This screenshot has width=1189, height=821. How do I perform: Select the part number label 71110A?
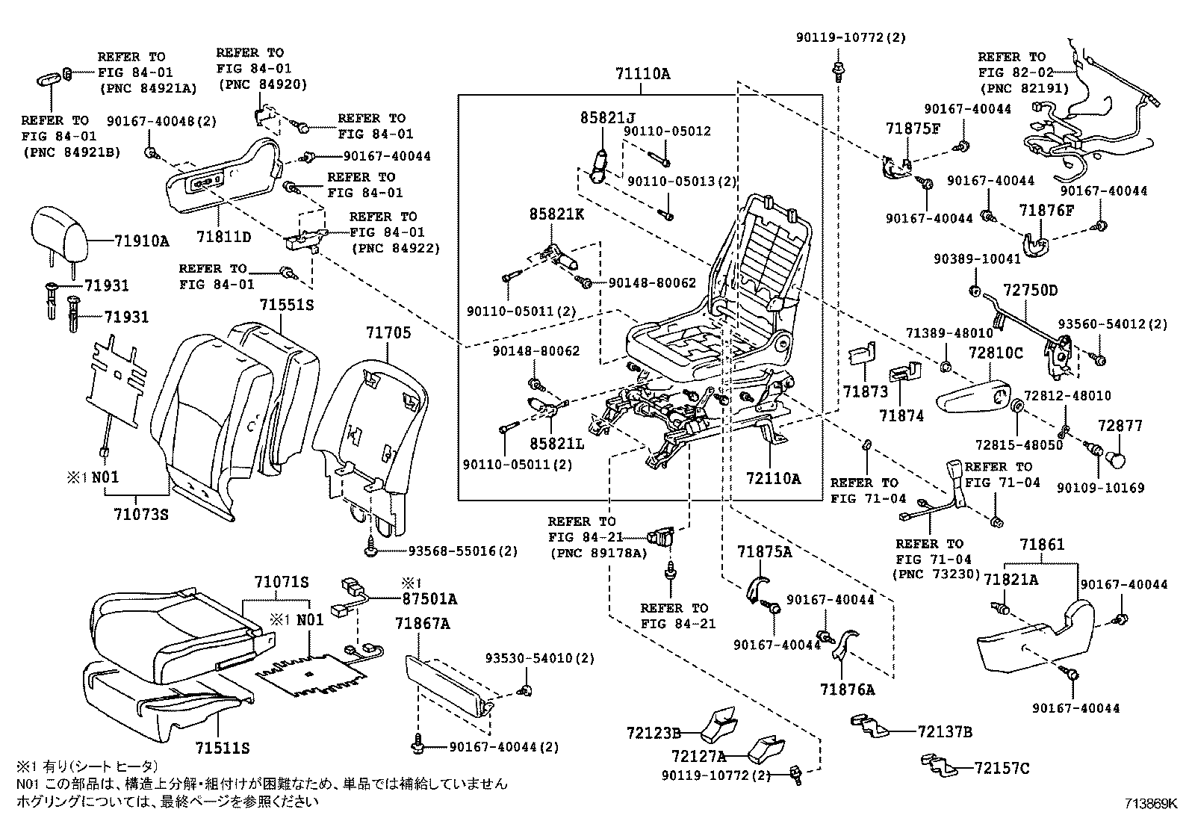642,74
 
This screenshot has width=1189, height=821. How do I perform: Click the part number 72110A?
774,478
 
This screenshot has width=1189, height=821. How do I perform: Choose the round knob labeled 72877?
1119,456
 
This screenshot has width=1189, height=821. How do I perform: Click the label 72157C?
1002,767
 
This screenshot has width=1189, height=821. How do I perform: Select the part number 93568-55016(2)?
462,551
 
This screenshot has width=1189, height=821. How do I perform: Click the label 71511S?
223,748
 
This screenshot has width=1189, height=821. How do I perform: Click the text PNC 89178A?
594,553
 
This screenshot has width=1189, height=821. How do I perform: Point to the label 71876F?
1046,211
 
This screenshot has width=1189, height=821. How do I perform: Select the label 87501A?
429,598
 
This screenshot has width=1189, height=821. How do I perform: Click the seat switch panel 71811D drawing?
224,179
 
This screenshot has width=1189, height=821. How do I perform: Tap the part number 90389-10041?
977,259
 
